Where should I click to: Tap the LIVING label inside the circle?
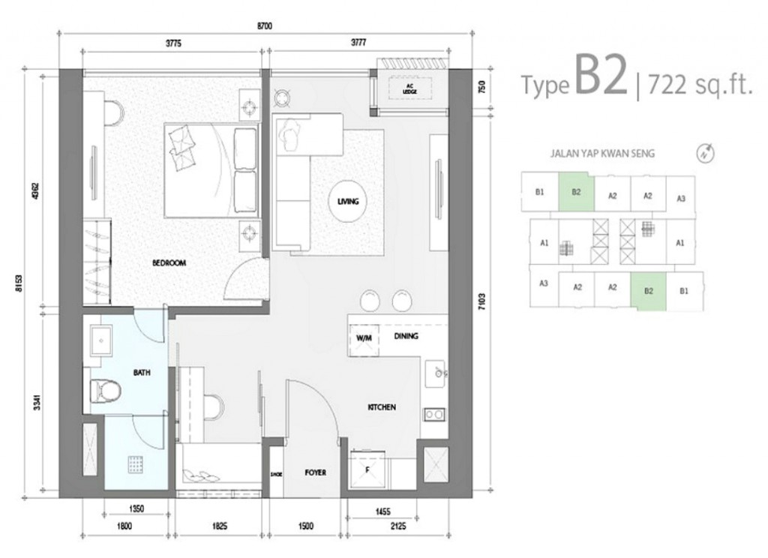348,202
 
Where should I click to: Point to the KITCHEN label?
381,407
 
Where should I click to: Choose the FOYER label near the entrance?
314,473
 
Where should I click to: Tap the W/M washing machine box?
364,337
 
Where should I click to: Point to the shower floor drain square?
135,465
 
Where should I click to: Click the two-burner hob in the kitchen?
433,413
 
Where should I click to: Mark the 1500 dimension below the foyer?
306,526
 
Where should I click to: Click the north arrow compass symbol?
705,153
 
